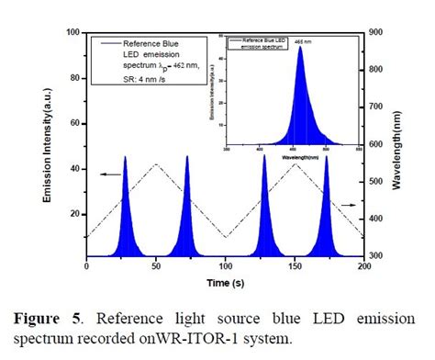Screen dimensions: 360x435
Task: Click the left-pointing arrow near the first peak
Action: [x=109, y=173]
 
